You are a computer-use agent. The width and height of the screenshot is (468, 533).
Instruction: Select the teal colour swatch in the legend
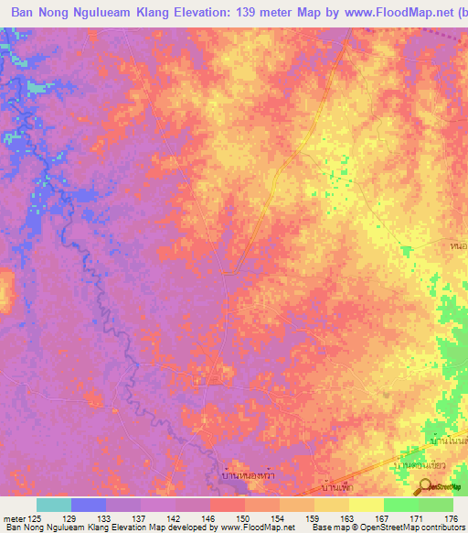click(x=54, y=505)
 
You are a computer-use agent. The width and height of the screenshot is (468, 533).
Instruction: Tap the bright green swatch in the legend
click(x=401, y=505)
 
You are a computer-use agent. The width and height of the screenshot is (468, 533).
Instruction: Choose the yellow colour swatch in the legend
click(x=367, y=505)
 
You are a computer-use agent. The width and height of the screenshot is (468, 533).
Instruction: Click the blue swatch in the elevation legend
click(x=89, y=505)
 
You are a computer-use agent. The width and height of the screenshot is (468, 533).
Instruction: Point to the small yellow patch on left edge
click(x=5, y=288)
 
